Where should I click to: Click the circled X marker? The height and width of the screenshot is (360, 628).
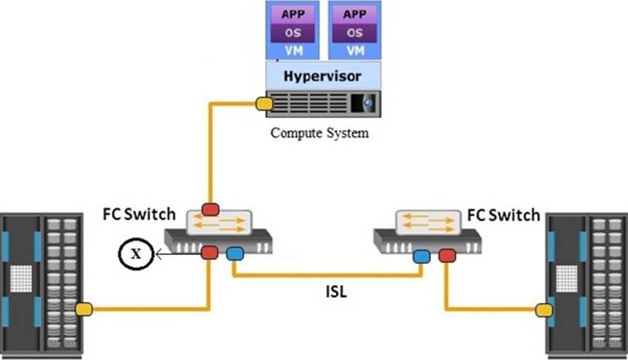click(x=133, y=253)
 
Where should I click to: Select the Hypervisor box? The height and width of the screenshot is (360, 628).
click(x=324, y=76)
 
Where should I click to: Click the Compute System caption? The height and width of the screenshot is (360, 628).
click(x=319, y=132)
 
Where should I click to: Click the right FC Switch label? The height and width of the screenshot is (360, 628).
click(x=505, y=214)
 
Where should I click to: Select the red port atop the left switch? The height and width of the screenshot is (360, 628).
click(x=210, y=208)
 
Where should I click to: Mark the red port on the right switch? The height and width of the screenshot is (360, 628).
click(x=447, y=254)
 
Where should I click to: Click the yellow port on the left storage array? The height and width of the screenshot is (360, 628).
click(x=83, y=309)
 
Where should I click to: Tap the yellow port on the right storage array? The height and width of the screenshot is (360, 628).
click(x=545, y=310)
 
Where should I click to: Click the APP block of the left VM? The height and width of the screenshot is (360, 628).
click(x=292, y=13)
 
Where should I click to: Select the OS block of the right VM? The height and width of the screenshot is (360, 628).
click(x=355, y=32)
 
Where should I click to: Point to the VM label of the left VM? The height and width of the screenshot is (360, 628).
click(x=292, y=50)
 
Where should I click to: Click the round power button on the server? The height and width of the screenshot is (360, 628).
click(x=368, y=102)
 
